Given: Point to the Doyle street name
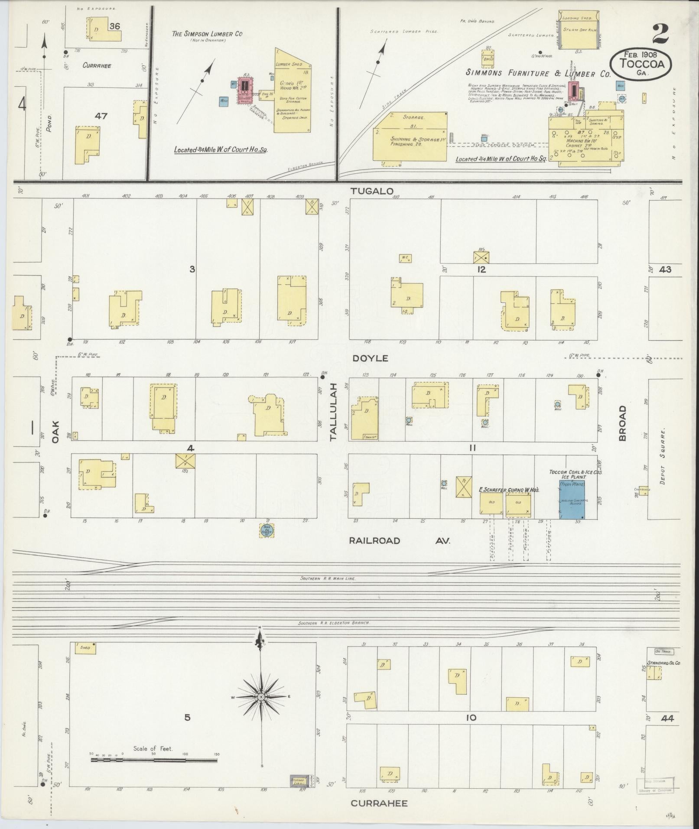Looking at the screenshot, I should click(x=370, y=358).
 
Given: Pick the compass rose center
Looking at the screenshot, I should click(x=261, y=697).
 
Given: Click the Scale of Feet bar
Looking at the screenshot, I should click(x=154, y=760).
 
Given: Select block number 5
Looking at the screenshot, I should click(x=187, y=718).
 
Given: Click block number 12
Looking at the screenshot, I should click(x=481, y=270).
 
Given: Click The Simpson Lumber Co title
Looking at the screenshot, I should click(x=207, y=34).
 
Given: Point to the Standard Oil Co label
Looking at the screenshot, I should click(x=664, y=663).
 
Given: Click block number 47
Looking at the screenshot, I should click(x=101, y=116).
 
